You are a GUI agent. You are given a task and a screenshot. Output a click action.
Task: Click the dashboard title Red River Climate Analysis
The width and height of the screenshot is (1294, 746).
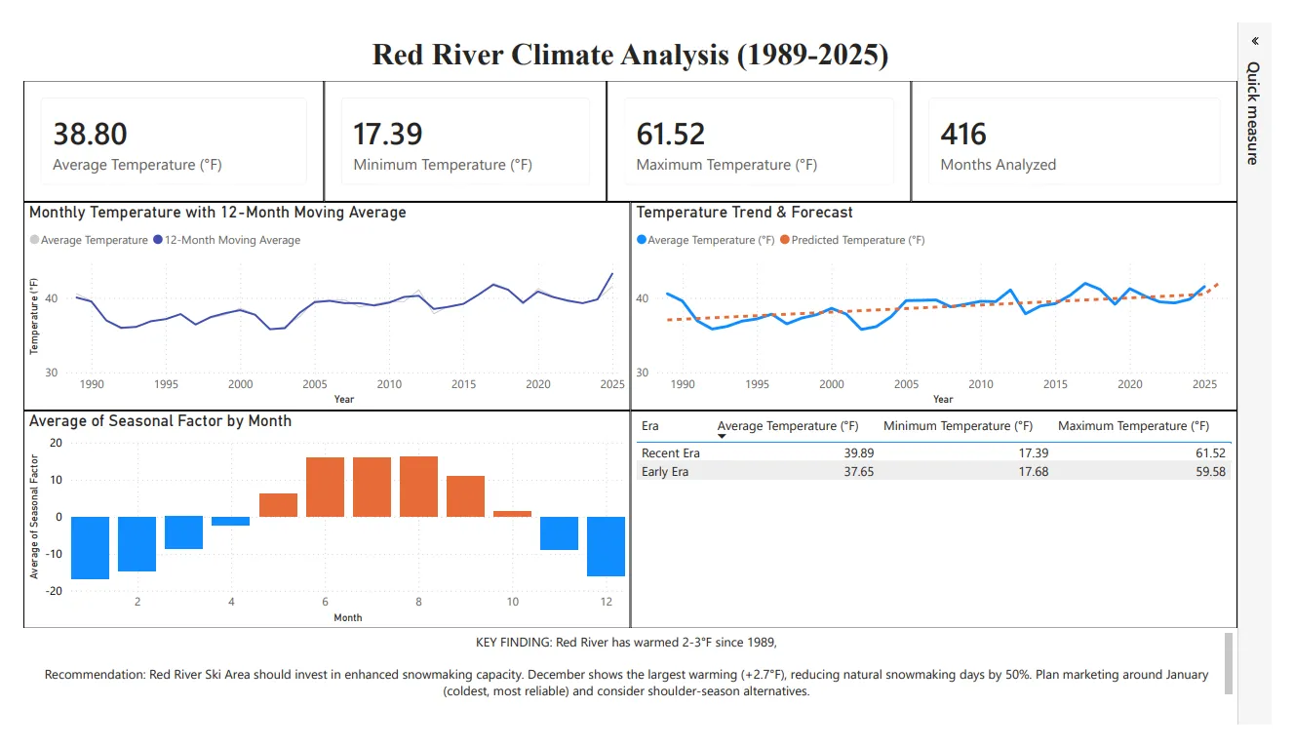tap(630, 54)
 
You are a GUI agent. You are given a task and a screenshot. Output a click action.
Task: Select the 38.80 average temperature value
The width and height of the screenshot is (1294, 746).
tap(90, 134)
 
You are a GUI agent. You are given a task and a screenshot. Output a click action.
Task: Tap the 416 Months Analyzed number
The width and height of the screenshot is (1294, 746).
tap(963, 134)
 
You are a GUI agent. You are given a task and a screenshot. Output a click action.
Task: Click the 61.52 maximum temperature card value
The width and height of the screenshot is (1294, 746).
tap(670, 134)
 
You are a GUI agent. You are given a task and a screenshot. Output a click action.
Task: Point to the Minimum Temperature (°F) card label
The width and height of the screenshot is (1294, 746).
tap(443, 165)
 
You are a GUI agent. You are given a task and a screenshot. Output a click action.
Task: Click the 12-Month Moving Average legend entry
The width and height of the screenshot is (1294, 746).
tap(232, 240)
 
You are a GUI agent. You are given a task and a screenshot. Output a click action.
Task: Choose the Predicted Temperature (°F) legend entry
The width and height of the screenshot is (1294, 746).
tap(857, 240)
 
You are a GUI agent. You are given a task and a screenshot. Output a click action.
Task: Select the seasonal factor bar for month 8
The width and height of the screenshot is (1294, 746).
tap(418, 486)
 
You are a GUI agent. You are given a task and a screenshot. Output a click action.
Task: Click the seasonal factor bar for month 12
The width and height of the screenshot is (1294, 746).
tap(606, 546)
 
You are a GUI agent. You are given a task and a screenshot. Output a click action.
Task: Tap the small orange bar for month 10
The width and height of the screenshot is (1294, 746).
tap(512, 513)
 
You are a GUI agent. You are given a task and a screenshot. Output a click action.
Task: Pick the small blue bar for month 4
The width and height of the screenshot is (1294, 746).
tap(231, 521)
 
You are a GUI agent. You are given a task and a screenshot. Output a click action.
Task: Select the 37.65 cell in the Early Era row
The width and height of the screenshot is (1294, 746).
tap(840, 472)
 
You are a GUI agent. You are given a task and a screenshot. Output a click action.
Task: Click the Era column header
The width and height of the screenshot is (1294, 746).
tap(649, 426)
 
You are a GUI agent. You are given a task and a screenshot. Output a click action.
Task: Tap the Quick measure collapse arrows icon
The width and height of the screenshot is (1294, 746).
tap(1255, 41)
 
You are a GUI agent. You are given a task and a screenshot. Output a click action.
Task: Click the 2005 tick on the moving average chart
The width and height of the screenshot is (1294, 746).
tap(314, 384)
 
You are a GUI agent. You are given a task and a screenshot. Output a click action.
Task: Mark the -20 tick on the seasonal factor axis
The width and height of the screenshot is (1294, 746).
tap(55, 591)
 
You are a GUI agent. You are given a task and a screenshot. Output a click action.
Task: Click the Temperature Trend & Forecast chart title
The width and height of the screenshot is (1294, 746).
tap(744, 213)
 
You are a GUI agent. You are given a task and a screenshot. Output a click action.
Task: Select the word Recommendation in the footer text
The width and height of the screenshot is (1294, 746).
tap(95, 675)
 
